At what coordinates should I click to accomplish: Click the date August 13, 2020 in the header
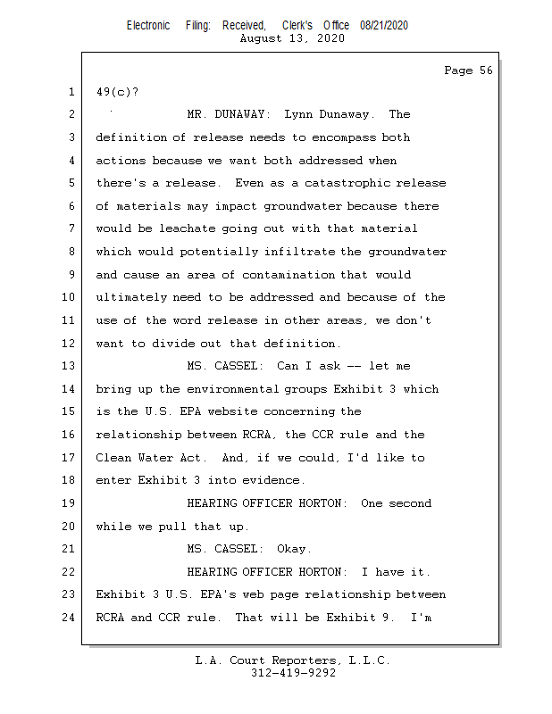click(x=293, y=38)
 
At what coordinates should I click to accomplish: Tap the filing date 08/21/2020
click(x=384, y=26)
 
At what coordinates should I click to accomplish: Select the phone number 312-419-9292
click(x=293, y=673)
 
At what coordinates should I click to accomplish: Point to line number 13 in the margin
click(x=70, y=366)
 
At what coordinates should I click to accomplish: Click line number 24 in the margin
click(x=70, y=617)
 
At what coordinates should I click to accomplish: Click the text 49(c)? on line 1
click(x=118, y=92)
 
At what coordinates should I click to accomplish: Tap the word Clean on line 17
click(x=114, y=458)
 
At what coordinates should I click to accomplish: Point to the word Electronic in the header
click(x=148, y=26)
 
